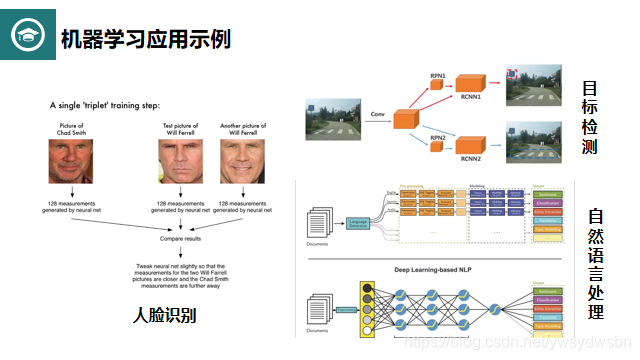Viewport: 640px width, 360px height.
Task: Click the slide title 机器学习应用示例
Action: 146,39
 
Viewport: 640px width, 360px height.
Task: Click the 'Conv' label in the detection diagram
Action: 377,115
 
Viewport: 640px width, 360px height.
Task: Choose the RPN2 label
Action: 438,137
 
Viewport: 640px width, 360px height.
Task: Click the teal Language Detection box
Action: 357,221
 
